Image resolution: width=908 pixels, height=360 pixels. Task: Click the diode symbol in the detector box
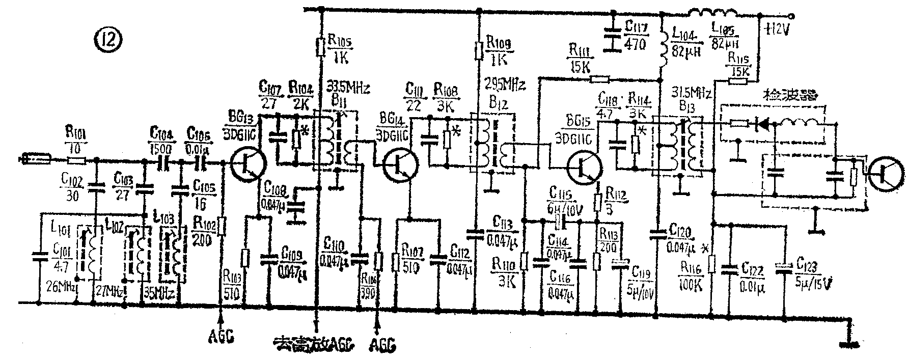tap(763, 123)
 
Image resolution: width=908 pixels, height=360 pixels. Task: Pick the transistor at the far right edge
tap(886, 175)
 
